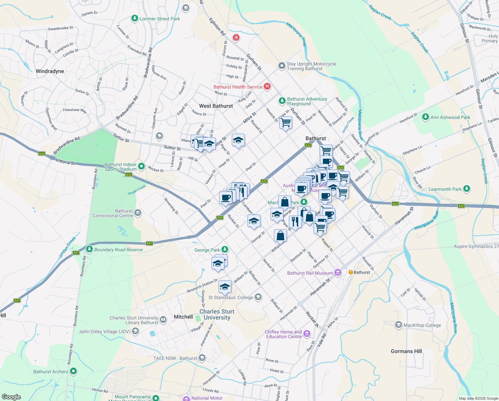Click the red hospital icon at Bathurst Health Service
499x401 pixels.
click(x=267, y=87)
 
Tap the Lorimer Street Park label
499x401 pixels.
click(x=159, y=19)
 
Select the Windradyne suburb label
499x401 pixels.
click(x=50, y=71)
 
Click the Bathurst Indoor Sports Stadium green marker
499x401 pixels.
click(x=141, y=166)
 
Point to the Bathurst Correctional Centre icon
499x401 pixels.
click(x=138, y=213)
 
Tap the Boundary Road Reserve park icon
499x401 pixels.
click(x=89, y=249)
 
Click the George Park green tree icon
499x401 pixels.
click(x=225, y=249)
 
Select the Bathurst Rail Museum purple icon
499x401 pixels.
click(x=338, y=273)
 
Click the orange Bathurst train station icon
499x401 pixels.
click(x=351, y=272)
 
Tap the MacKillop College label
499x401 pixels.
click(x=422, y=325)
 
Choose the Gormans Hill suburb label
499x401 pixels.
click(x=406, y=351)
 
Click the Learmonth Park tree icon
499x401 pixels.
click(x=467, y=189)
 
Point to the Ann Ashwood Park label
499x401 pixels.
click(x=450, y=117)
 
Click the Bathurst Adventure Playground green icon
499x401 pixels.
click(x=282, y=101)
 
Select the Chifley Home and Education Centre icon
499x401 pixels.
click(x=307, y=333)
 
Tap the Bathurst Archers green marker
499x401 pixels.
click(x=73, y=371)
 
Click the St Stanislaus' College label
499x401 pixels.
click(x=230, y=297)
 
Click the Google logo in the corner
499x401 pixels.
click(x=11, y=397)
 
